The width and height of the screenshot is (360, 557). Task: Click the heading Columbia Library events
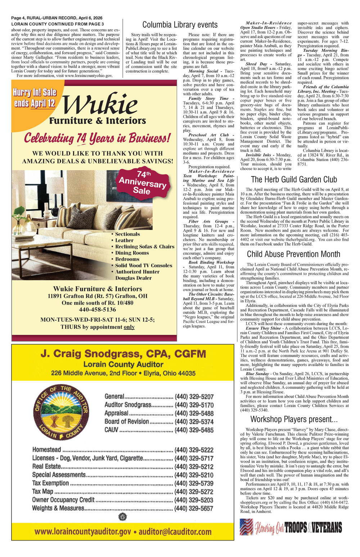tap(180, 25)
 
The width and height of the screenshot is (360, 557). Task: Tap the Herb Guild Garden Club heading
tap(294, 179)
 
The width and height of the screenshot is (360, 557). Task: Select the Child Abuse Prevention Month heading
tap(293, 254)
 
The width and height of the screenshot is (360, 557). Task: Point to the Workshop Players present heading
tap(294, 419)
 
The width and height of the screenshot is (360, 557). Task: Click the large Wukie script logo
tap(101, 104)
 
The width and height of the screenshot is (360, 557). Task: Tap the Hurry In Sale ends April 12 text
tap(35, 98)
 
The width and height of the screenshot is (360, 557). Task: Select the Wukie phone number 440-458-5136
tap(97, 309)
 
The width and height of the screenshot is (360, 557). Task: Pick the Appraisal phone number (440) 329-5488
tap(194, 413)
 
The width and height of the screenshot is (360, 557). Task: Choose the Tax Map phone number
tap(194, 492)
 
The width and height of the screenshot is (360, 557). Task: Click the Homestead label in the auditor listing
tap(47, 450)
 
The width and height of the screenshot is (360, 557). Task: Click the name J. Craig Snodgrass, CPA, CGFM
tap(123, 353)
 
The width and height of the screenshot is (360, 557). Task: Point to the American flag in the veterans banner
tap(247, 526)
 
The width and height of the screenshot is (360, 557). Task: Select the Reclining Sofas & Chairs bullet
tap(144, 247)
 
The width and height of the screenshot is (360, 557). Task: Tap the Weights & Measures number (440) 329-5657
tap(194, 508)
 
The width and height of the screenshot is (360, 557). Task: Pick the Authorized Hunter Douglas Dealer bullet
tap(137, 275)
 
